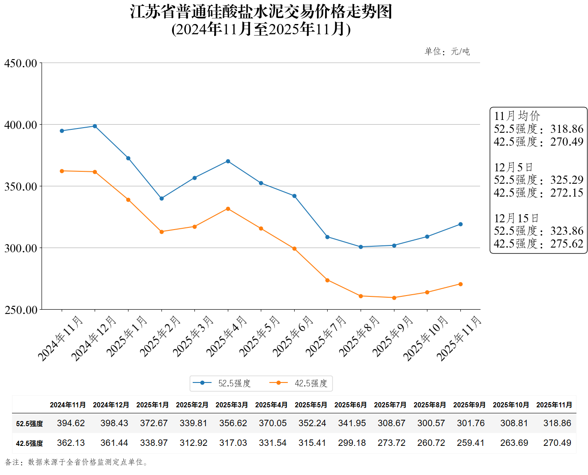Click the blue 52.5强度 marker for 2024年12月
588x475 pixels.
click(95, 126)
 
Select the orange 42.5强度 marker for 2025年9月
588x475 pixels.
click(394, 298)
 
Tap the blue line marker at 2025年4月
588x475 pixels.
click(228, 161)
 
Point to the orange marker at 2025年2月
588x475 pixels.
click(161, 232)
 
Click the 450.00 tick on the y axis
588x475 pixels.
click(21, 63)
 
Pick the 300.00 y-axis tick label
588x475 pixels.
click(21, 248)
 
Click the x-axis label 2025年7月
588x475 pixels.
click(325, 337)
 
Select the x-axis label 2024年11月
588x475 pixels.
click(60, 338)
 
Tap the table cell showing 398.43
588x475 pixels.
click(114, 423)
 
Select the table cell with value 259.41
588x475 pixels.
click(470, 443)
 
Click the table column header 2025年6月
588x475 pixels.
click(350, 405)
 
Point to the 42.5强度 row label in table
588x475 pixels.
click(30, 443)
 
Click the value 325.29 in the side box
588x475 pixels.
click(567, 180)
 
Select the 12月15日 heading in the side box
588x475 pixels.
click(516, 218)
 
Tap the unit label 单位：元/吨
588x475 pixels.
click(447, 51)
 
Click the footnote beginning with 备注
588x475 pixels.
click(77, 462)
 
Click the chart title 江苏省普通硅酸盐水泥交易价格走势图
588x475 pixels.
click(261, 12)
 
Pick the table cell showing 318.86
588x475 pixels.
click(557, 423)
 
